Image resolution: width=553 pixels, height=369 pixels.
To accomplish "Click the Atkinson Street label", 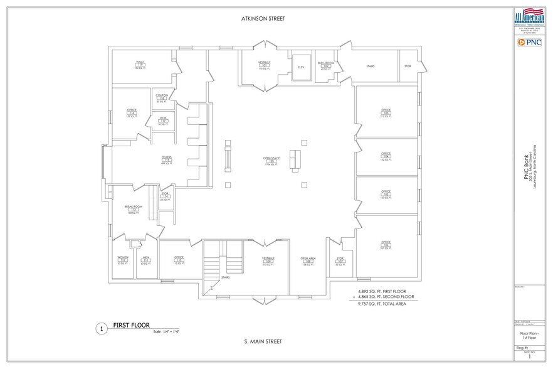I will pos(263,19).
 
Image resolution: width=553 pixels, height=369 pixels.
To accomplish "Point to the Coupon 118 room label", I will pos(162,98).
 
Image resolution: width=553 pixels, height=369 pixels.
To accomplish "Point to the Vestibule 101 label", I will pos(264,65).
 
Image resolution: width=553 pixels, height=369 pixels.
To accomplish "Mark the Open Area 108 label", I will pos(308,260).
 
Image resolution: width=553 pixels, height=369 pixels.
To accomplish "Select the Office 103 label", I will pos(386,113).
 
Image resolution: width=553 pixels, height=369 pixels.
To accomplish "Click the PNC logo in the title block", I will pos(529,42).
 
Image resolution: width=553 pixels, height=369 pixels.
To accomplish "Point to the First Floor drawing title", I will pos(132,326).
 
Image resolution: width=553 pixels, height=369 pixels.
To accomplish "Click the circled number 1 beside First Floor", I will pos(100,328).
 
